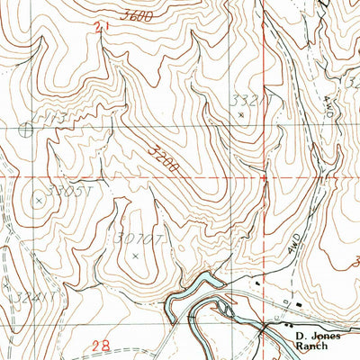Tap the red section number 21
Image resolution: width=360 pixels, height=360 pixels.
[98, 29]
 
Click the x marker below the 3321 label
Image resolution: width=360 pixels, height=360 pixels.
[240, 114]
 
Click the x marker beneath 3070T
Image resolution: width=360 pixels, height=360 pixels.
[135, 256]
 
